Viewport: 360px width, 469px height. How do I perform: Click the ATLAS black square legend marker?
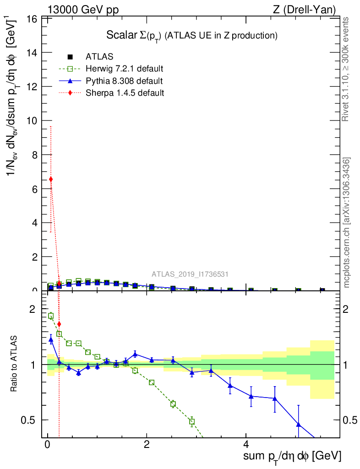[70, 57]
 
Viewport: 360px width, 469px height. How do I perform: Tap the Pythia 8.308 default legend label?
[124, 81]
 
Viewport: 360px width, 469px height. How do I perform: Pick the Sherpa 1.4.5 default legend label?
[125, 93]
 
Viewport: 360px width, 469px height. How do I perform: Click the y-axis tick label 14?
[32, 53]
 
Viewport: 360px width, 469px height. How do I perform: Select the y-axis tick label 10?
[32, 121]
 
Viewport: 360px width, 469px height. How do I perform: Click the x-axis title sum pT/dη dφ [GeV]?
[292, 456]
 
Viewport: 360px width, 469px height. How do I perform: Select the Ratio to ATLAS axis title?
[14, 365]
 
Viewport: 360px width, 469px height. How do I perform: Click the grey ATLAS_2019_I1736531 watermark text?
[190, 274]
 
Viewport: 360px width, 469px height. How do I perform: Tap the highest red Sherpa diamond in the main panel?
[51, 179]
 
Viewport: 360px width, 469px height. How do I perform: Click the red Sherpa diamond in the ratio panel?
[59, 324]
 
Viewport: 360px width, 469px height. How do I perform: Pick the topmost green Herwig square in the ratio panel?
[51, 316]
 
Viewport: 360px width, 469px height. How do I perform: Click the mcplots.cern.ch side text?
[347, 223]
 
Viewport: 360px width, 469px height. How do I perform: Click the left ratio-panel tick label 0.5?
[30, 420]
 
